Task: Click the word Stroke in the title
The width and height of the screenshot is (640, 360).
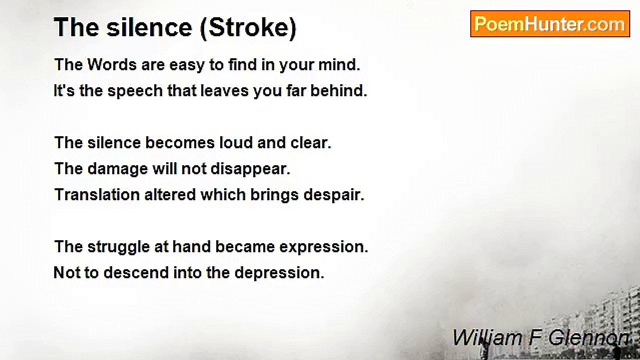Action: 248,27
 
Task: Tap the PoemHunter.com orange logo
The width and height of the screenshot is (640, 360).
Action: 550,24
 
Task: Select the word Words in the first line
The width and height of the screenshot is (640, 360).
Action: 112,64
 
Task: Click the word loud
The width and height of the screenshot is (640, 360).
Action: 236,142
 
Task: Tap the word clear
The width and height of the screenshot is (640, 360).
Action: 311,142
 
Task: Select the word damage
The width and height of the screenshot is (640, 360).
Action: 117,169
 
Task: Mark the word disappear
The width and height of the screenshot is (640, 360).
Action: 250,169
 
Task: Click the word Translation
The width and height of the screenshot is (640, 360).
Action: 97,195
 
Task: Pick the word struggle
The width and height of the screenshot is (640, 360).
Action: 118,247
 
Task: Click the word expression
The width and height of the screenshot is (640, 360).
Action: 323,247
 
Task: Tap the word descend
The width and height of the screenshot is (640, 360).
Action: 136,273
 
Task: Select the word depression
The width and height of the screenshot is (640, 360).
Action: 279,273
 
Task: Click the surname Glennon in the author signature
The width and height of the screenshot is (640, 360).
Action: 588,338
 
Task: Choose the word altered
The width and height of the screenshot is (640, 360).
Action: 170,195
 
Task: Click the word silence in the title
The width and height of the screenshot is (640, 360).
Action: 149,27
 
